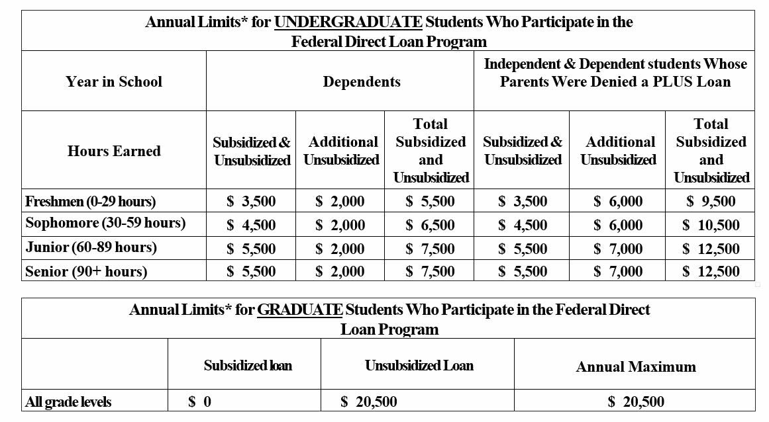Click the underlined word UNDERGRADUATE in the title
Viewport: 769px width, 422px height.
click(x=348, y=22)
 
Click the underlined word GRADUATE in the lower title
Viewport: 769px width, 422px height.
click(x=299, y=310)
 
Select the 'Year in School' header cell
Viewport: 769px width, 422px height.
click(x=114, y=82)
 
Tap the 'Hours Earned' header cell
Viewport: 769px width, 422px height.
click(x=114, y=151)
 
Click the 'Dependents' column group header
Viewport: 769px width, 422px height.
click(x=362, y=82)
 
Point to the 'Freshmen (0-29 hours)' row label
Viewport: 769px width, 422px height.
click(x=90, y=201)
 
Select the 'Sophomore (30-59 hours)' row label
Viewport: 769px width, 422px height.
click(x=105, y=224)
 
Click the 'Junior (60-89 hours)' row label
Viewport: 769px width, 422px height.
click(x=91, y=247)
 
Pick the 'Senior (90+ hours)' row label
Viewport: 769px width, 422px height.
click(x=86, y=271)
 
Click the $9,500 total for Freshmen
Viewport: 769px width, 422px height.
click(x=711, y=201)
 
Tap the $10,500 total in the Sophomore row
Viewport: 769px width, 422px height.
click(x=711, y=225)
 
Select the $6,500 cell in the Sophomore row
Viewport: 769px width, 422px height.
click(x=430, y=225)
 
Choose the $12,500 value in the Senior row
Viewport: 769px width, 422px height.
click(x=711, y=271)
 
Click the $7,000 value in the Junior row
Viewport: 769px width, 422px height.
click(x=618, y=249)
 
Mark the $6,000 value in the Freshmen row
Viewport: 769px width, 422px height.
click(x=618, y=201)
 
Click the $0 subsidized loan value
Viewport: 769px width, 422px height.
click(x=200, y=401)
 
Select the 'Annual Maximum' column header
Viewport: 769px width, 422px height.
click(x=636, y=366)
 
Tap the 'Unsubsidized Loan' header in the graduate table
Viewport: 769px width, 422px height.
click(x=419, y=365)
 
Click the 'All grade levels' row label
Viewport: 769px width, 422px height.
click(x=68, y=401)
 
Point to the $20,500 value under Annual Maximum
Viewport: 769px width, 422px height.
click(x=636, y=401)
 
